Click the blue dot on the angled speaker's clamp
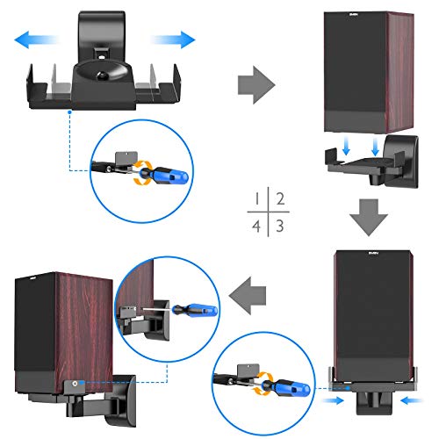tap(77, 383)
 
